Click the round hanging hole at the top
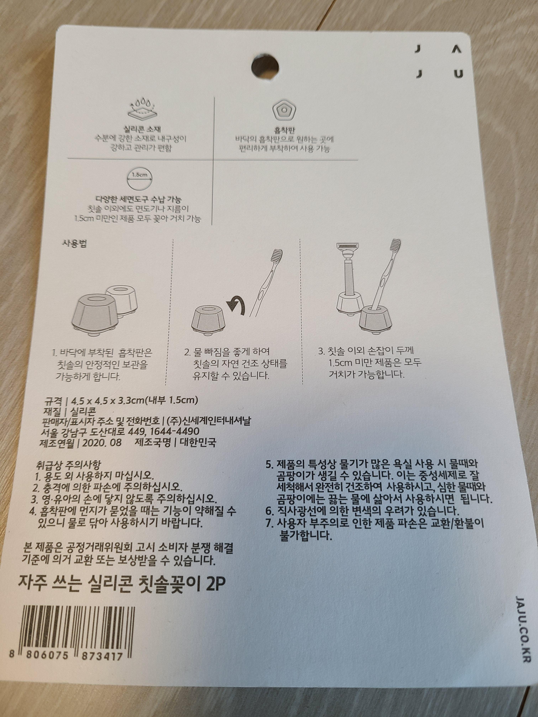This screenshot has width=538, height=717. coord(265,66)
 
